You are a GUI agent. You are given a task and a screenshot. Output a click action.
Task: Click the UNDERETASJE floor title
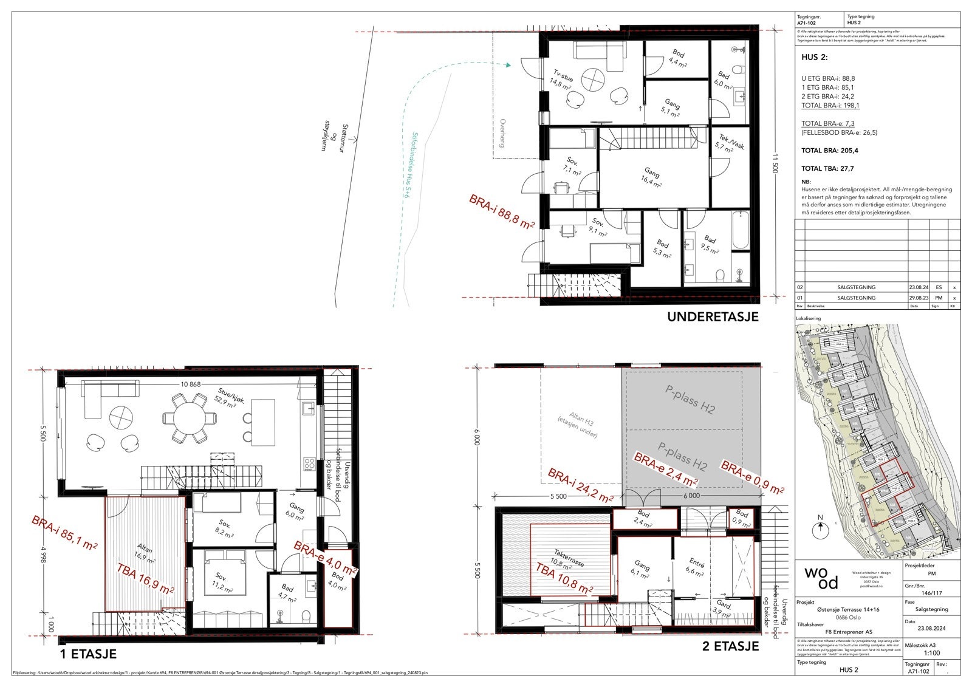coord(713,317)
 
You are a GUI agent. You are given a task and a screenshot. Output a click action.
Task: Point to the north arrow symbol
coord(820,529)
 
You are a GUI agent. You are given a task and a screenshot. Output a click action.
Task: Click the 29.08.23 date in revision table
coord(915,298)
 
